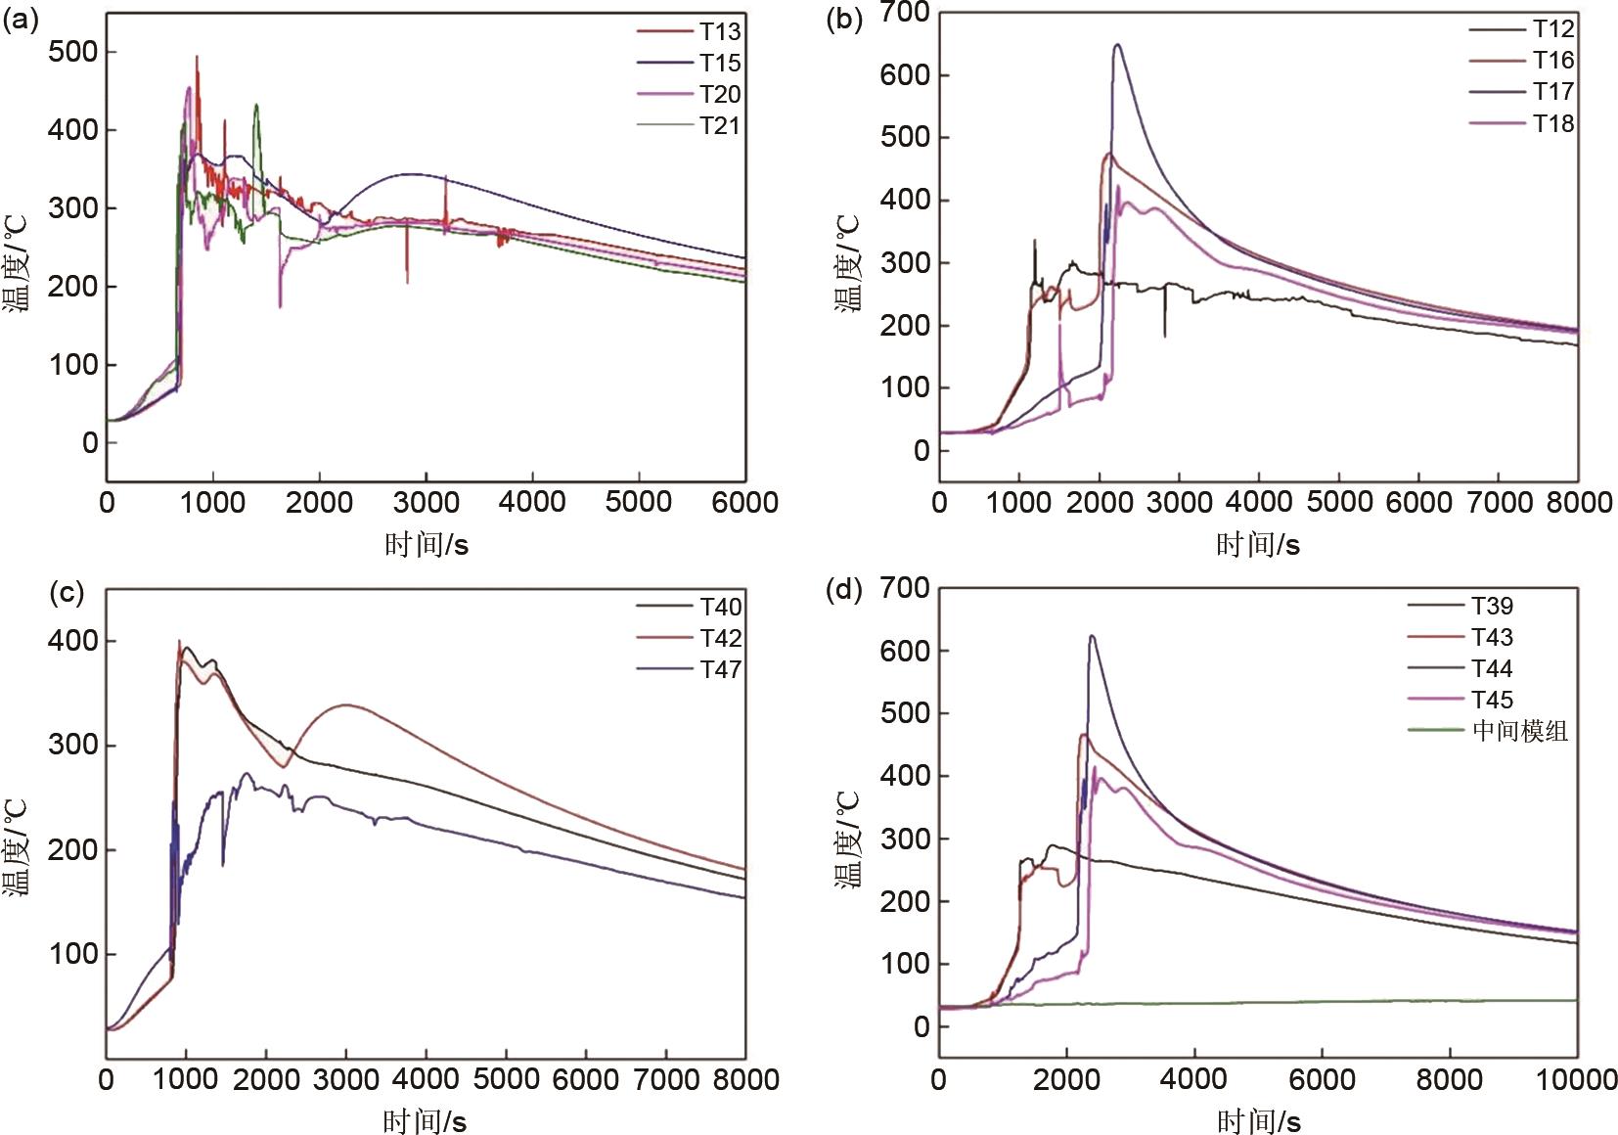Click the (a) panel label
[x=21, y=20]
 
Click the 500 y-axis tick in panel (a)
[x=72, y=51]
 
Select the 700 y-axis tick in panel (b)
[x=905, y=13]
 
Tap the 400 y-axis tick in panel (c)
[x=72, y=641]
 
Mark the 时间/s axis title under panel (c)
[x=426, y=1121]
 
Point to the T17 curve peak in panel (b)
[x=1116, y=44]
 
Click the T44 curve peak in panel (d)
[x=1092, y=636]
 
